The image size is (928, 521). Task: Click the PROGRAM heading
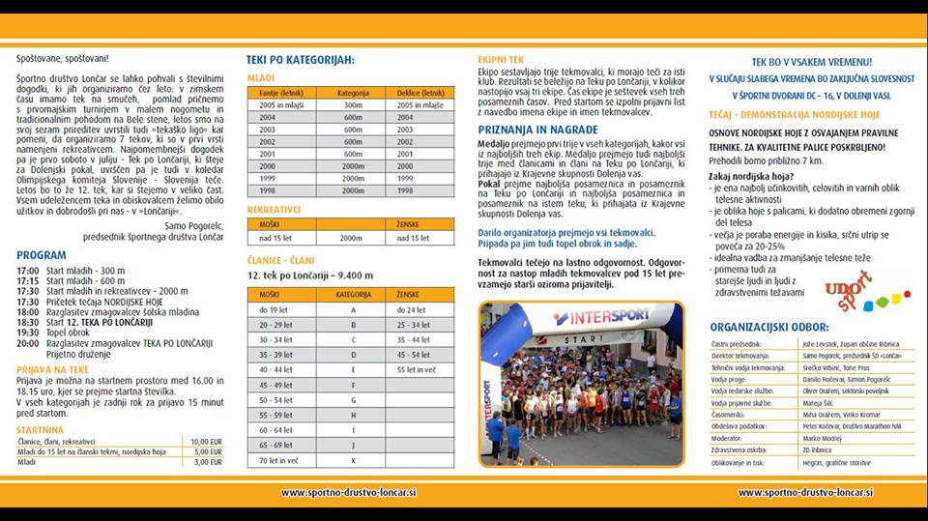point(42,256)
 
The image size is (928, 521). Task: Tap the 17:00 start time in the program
point(28,270)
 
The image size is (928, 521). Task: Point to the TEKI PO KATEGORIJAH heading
point(301,60)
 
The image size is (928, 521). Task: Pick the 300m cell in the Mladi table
point(353,104)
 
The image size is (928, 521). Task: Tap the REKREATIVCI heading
point(275,210)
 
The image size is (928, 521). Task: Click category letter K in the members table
point(353,461)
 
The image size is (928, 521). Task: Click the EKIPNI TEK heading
point(503,59)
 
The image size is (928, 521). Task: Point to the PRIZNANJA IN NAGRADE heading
point(536,128)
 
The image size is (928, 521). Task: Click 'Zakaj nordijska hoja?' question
point(751,176)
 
